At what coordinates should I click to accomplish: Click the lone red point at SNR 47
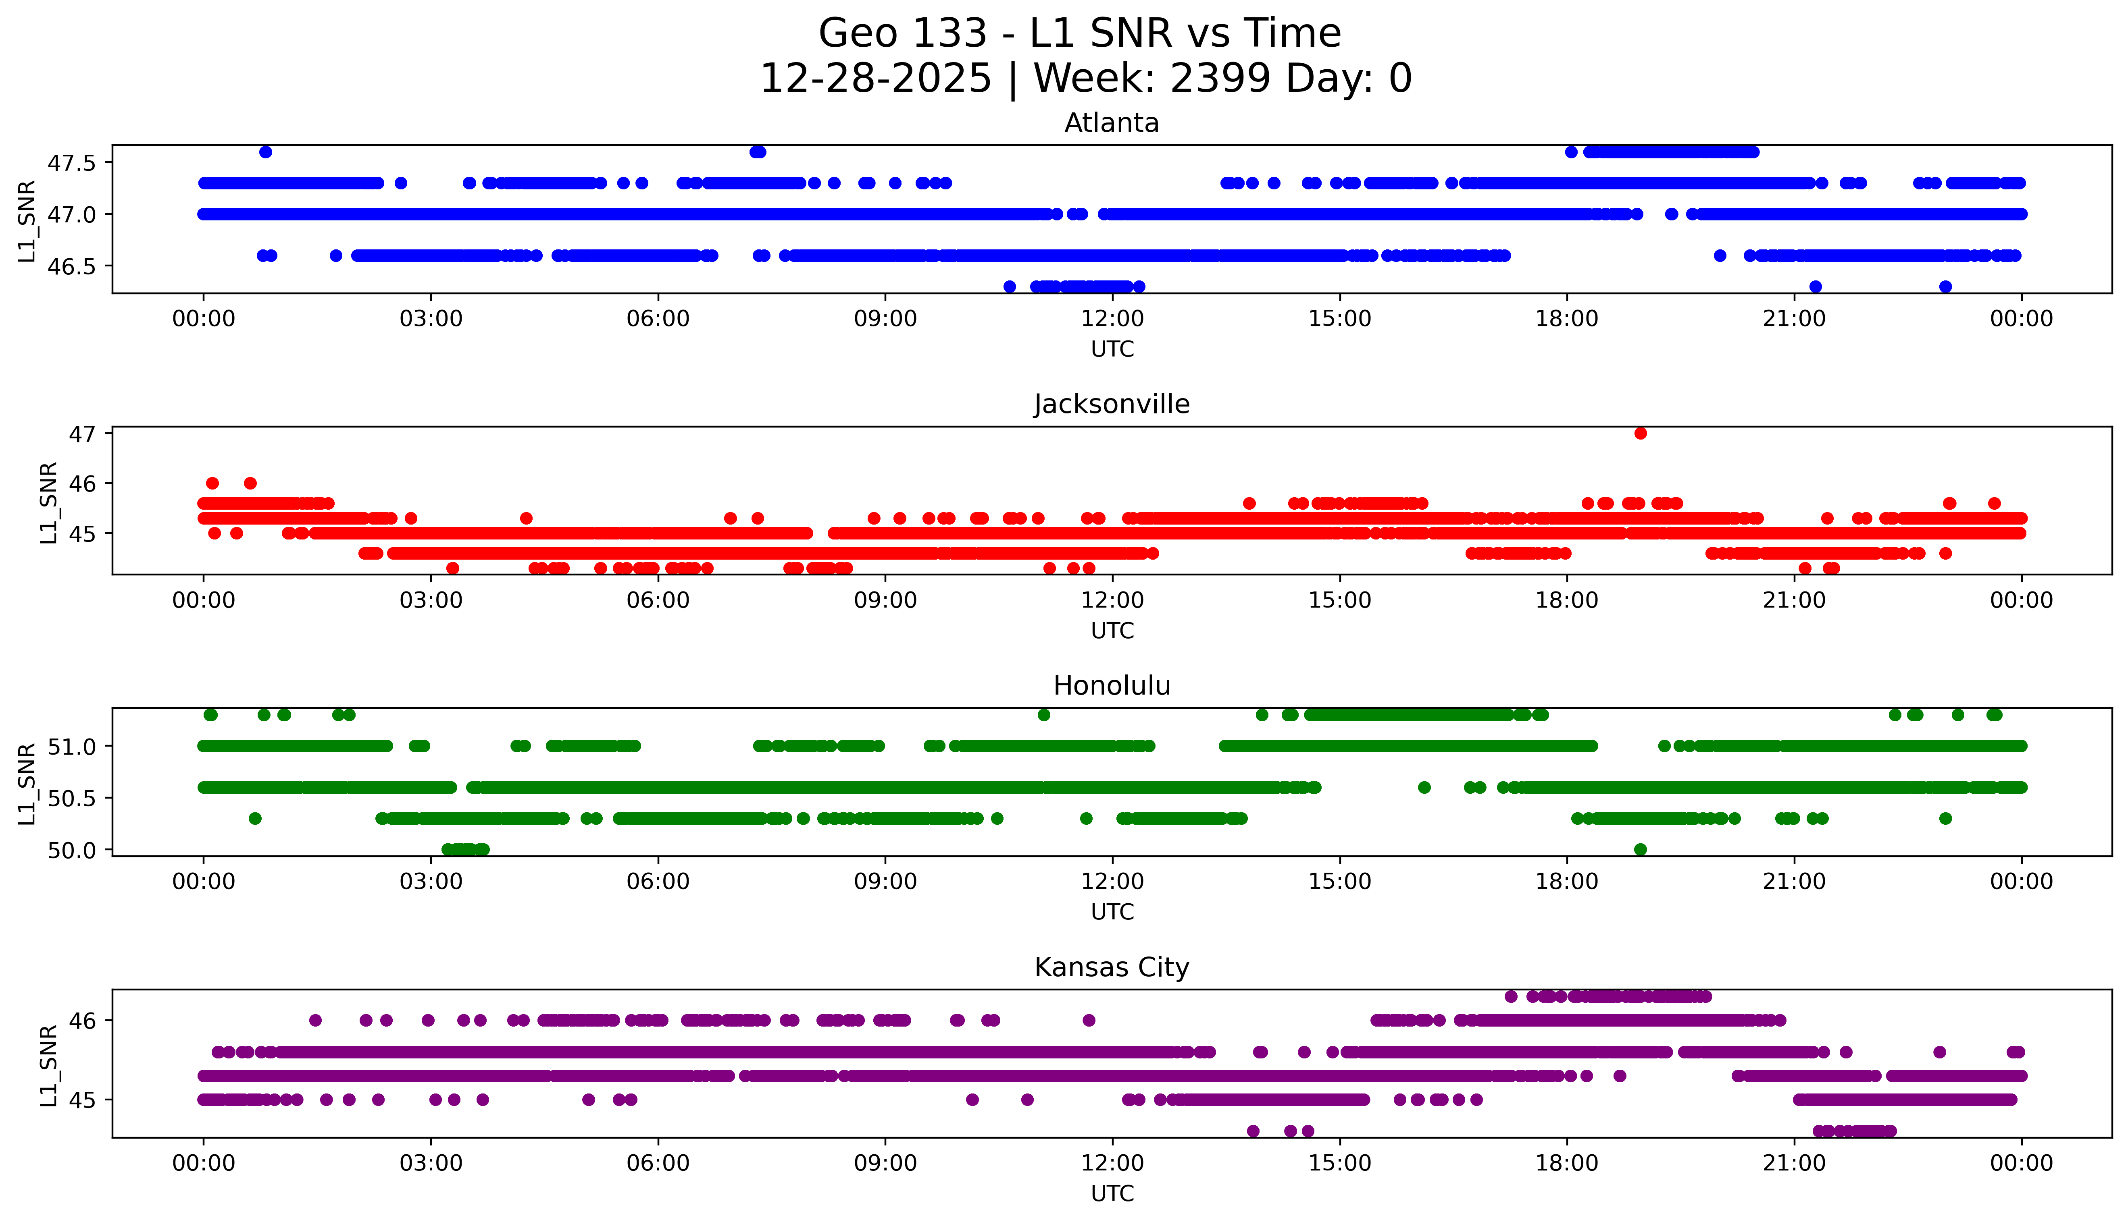1640,433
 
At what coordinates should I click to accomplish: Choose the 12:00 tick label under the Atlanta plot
1112,319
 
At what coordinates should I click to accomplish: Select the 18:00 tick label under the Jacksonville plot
1567,600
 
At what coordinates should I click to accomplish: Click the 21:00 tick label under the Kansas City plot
1794,1163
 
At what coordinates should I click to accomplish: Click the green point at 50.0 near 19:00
1640,849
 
